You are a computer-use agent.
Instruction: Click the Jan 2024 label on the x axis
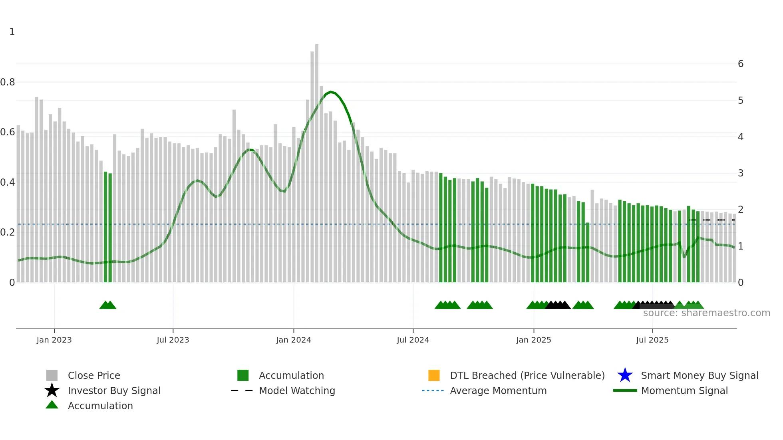coord(293,340)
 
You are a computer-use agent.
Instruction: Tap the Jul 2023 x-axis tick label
coord(173,340)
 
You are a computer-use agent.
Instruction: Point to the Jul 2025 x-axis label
coord(652,340)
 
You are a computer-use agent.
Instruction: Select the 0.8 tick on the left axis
coord(8,82)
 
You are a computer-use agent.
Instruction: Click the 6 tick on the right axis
coord(741,64)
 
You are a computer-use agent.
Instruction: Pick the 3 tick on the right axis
coord(741,173)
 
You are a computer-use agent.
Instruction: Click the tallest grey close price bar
coord(317,160)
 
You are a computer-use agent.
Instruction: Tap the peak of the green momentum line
coord(331,92)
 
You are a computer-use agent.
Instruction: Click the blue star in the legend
coord(625,375)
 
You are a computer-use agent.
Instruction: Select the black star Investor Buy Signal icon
coord(52,390)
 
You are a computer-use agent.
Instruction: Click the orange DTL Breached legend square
coord(434,375)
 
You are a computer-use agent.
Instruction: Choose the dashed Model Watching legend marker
coord(242,390)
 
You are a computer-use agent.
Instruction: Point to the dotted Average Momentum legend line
coord(433,390)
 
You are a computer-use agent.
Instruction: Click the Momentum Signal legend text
coord(684,390)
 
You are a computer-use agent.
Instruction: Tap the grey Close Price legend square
coord(52,375)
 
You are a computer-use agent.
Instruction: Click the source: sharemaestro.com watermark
coord(706,313)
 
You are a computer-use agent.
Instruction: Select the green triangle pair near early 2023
coord(108,305)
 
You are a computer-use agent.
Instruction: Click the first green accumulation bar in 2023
coord(105,228)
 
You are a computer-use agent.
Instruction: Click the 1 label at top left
coord(12,32)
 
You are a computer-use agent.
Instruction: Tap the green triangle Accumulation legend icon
coord(52,405)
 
